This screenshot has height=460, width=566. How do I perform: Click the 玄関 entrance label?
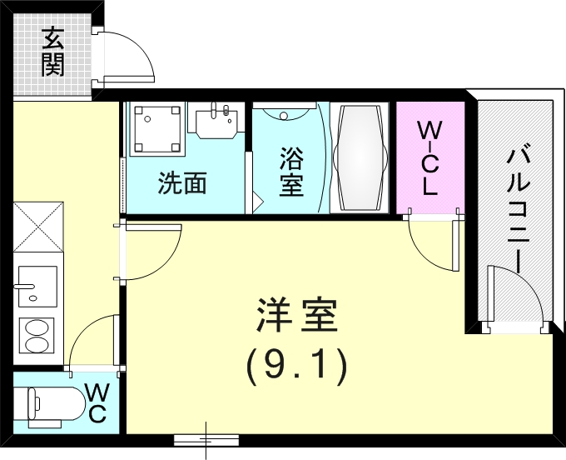point(52,52)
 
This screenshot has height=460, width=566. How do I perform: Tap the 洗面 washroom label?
point(182,183)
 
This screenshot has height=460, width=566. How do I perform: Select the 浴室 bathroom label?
point(290,171)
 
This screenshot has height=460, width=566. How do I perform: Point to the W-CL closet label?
point(429,158)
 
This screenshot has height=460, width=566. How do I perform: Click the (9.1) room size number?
point(295,364)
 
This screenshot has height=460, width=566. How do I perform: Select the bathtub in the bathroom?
point(360,157)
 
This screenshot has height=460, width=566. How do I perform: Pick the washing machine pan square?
point(156,129)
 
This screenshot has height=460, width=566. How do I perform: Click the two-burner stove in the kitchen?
point(37,334)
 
